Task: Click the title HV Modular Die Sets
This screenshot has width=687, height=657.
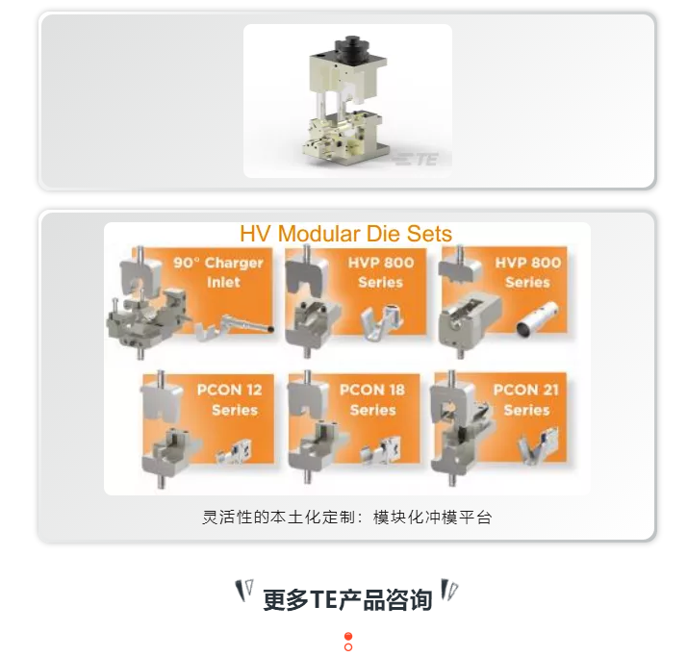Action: tap(345, 234)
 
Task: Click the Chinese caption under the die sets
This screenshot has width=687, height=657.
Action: tap(346, 518)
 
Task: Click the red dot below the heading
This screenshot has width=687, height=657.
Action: tap(348, 637)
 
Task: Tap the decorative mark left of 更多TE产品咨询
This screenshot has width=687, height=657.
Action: tap(245, 590)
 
